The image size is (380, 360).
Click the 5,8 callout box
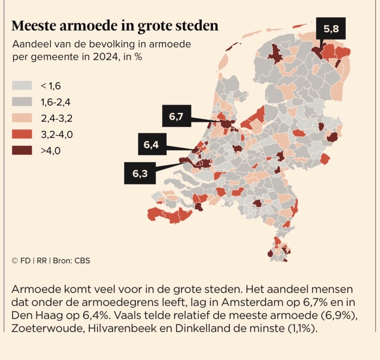331,29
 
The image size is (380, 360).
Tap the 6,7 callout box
176,116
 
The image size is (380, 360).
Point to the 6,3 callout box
140,173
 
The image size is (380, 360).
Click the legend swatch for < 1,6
22,85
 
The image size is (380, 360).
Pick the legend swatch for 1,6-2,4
22,102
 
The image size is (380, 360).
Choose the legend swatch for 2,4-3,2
22,118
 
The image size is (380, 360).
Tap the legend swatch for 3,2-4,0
22,134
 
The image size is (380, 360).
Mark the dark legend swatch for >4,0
22,150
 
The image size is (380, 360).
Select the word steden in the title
197,26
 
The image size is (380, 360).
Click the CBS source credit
82,261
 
